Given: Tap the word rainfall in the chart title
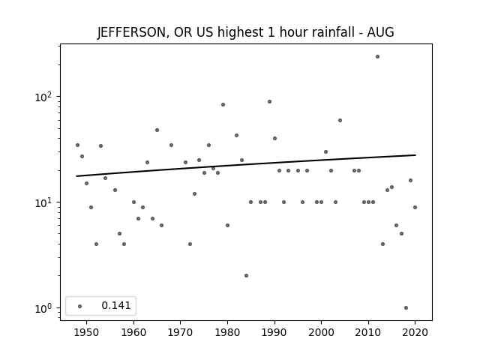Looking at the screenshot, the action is coord(330,32).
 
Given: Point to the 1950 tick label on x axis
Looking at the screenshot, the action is coord(87,332).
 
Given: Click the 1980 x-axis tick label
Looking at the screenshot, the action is coord(227,332).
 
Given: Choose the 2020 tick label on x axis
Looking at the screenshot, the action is coord(415,332).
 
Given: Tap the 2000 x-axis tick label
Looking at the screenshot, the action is coord(321,332).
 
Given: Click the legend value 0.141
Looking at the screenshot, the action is coord(116,305).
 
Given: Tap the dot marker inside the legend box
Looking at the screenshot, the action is coord(80,306).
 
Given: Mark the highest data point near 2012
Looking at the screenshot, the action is coord(377,57).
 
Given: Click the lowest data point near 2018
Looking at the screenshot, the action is coord(406,308).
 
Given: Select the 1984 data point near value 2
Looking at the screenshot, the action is coord(247,275).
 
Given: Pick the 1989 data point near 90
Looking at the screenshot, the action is coord(270,102).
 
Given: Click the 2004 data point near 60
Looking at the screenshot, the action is coord(340,120).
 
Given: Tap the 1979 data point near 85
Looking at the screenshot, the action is coord(223,105).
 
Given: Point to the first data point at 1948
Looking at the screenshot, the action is coord(77,145).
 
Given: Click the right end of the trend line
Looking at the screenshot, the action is coord(415,155).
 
